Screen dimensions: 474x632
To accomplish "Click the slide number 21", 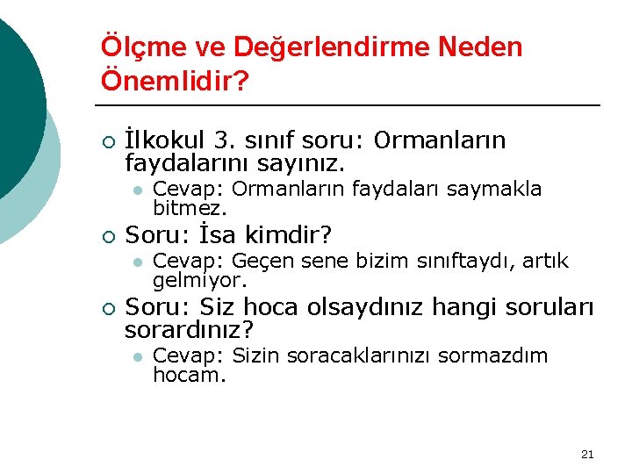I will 587,454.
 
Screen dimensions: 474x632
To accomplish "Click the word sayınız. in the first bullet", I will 301,163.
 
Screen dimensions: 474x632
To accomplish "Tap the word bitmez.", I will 190,210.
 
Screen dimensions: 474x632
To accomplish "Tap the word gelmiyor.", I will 199,282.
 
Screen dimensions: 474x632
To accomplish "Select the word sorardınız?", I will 189,331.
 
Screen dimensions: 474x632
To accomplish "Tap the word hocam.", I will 189,376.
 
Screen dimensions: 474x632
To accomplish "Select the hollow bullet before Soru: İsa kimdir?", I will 107,236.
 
